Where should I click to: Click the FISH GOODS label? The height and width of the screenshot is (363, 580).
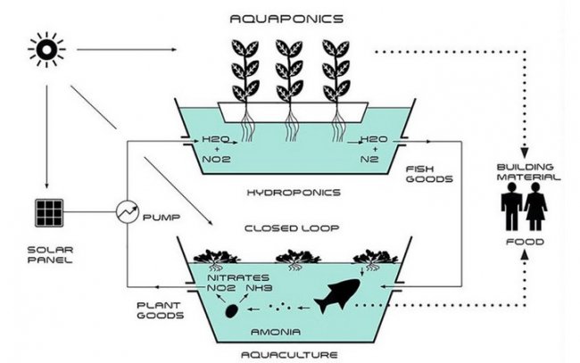(x=428, y=173)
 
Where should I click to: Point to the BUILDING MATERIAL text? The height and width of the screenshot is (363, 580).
(x=526, y=172)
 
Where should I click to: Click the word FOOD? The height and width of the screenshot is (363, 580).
(x=526, y=241)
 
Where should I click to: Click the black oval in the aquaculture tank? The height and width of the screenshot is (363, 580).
(x=232, y=311)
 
